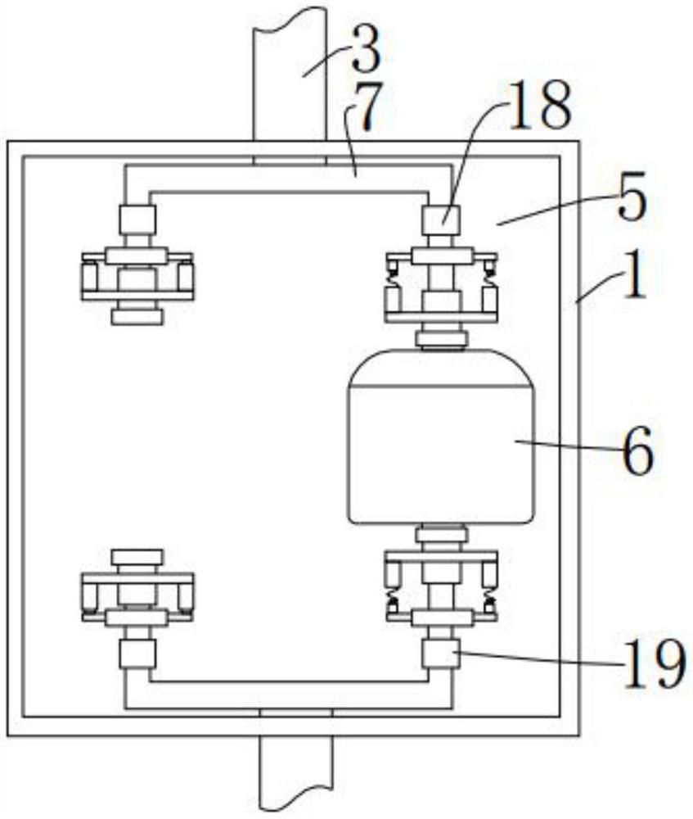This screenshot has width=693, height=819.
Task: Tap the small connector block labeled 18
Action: (x=440, y=220)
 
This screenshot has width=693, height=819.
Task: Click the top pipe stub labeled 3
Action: (x=290, y=74)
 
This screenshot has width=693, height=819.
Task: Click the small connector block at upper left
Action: (x=137, y=219)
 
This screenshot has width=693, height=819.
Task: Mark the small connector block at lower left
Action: (x=137, y=654)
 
